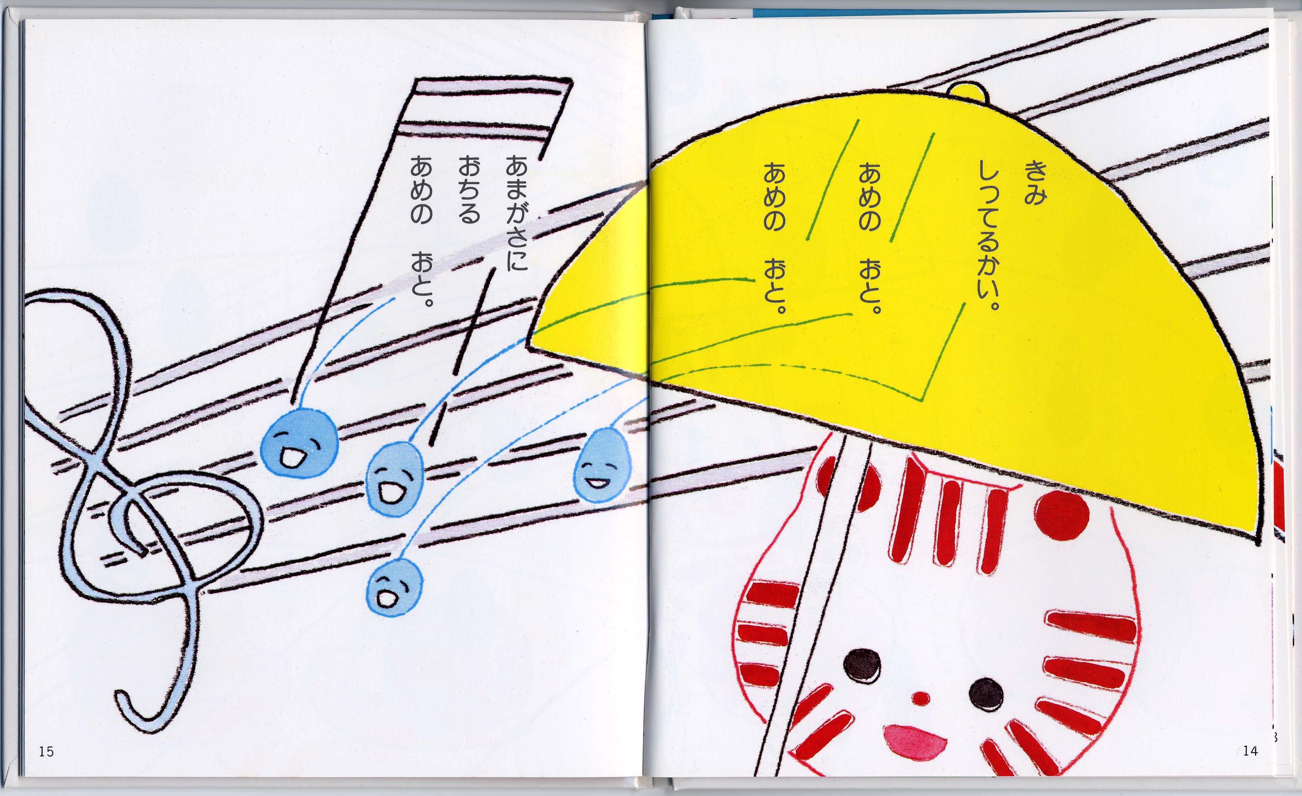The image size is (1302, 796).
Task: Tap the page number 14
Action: tap(1250, 750)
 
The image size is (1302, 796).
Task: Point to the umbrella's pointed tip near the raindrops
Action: tap(529, 344)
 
